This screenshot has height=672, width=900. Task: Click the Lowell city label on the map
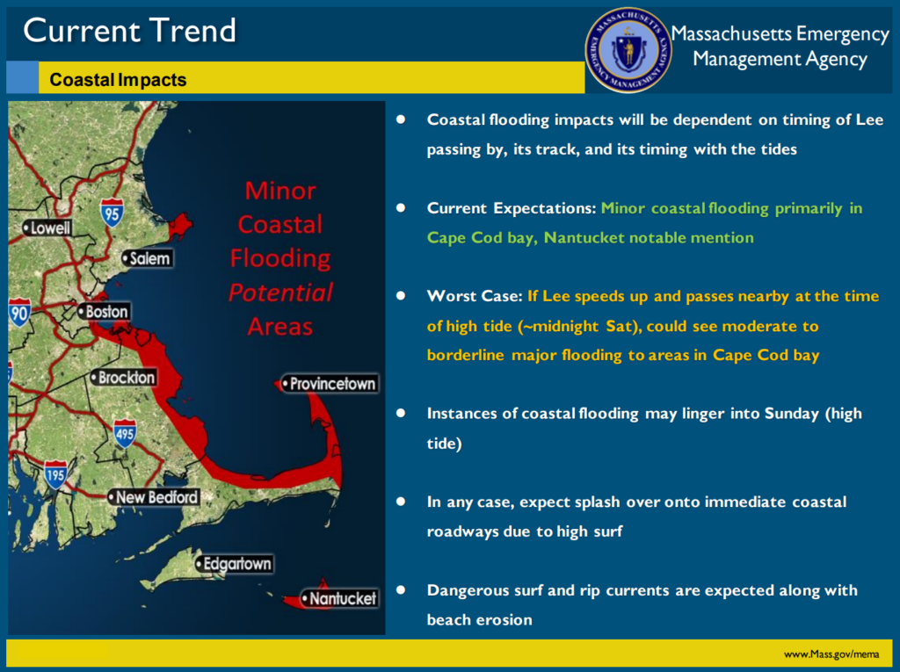(47, 228)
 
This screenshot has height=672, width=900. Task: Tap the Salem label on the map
(148, 259)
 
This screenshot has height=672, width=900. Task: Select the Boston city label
(104, 312)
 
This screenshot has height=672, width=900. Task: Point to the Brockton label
(123, 378)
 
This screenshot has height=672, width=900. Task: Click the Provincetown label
(330, 384)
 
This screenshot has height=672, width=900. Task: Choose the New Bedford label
(154, 497)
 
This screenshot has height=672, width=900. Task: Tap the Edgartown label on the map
(234, 564)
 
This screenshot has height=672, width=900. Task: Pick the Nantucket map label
(340, 599)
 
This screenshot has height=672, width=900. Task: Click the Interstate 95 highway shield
(112, 213)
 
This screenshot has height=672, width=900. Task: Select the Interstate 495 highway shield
(125, 433)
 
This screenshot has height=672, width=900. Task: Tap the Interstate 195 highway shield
(55, 474)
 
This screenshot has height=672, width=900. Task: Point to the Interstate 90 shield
(19, 312)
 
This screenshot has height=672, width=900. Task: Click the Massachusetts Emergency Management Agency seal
(628, 50)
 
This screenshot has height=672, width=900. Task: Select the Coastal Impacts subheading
(119, 80)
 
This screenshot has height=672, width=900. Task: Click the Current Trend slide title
(130, 31)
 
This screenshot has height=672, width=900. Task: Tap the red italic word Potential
(280, 293)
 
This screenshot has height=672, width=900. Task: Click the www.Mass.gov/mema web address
(831, 654)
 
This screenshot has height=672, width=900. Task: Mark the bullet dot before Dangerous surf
(401, 589)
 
